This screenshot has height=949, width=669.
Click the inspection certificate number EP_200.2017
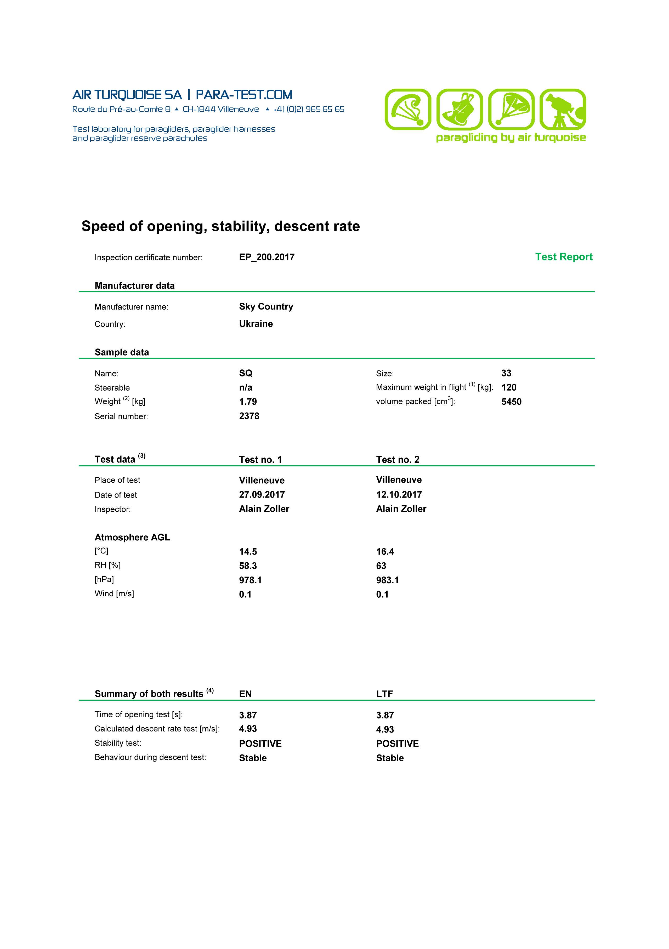coord(267,257)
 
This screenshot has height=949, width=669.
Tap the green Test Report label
coord(564,257)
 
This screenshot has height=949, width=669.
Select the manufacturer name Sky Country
coord(266,306)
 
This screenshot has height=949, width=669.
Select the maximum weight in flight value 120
coord(509,387)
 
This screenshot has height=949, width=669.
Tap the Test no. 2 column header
coord(397,459)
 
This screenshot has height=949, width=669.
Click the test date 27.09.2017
coord(262,494)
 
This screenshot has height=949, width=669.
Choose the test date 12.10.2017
coord(399,494)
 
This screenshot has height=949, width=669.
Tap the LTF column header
coord(384,694)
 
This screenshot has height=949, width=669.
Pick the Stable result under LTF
coord(389,758)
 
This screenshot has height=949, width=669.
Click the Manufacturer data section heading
coord(134,285)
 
